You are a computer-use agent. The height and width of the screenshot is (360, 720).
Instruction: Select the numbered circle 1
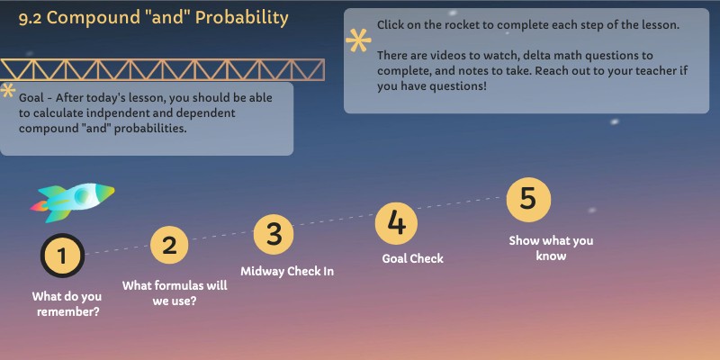tap(62, 256)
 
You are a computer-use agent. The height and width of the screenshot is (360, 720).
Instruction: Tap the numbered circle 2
tap(169, 245)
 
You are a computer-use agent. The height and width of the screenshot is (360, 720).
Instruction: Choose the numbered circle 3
tap(274, 234)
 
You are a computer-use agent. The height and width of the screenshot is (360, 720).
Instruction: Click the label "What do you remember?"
tap(67, 304)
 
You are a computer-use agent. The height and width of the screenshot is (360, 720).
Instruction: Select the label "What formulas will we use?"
tap(175, 293)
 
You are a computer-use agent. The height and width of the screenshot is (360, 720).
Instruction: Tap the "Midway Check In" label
tap(287, 271)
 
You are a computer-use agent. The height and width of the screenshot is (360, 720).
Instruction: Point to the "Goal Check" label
tap(413, 258)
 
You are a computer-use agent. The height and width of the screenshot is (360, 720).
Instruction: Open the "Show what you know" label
tap(551, 248)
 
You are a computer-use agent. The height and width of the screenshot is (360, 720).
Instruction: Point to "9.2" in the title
tap(30, 18)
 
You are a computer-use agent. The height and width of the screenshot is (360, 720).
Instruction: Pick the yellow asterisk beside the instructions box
tap(358, 41)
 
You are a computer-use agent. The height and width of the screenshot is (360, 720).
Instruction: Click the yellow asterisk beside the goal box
tap(8, 91)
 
